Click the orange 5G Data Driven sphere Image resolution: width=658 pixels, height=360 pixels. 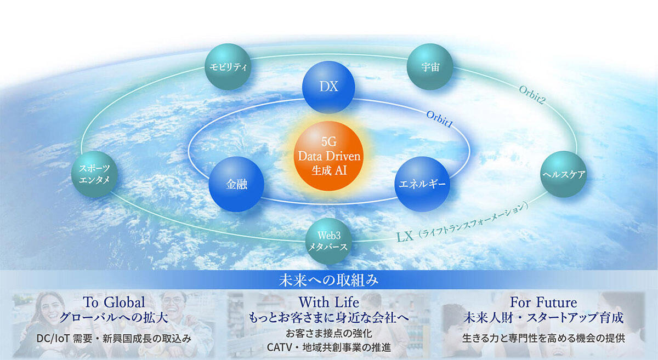click(x=328, y=156)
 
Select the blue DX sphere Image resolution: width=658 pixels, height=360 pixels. click(x=328, y=87)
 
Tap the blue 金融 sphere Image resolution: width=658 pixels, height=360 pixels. click(x=236, y=184)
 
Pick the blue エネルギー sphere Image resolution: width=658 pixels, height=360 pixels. click(x=422, y=184)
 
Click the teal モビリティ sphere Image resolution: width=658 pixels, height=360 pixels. click(x=228, y=67)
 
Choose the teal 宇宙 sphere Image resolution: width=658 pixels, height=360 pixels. click(x=430, y=67)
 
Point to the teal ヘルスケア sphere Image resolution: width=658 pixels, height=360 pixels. click(x=564, y=174)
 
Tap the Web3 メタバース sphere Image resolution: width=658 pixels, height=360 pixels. click(x=328, y=241)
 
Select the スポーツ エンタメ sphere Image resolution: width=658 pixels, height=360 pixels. click(x=94, y=174)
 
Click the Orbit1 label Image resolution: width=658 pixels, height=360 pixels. click(x=439, y=119)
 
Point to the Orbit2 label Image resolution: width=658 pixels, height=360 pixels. click(x=532, y=95)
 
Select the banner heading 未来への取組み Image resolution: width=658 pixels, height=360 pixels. click(x=328, y=281)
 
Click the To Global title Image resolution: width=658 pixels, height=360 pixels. click(x=114, y=302)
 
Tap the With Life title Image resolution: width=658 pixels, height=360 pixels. click(x=328, y=302)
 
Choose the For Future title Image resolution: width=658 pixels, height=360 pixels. click(x=543, y=302)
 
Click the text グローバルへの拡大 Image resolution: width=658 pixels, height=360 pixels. click(x=114, y=318)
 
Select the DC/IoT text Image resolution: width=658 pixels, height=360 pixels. click(x=53, y=339)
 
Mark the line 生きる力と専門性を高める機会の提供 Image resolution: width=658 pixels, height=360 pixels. click(x=543, y=338)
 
